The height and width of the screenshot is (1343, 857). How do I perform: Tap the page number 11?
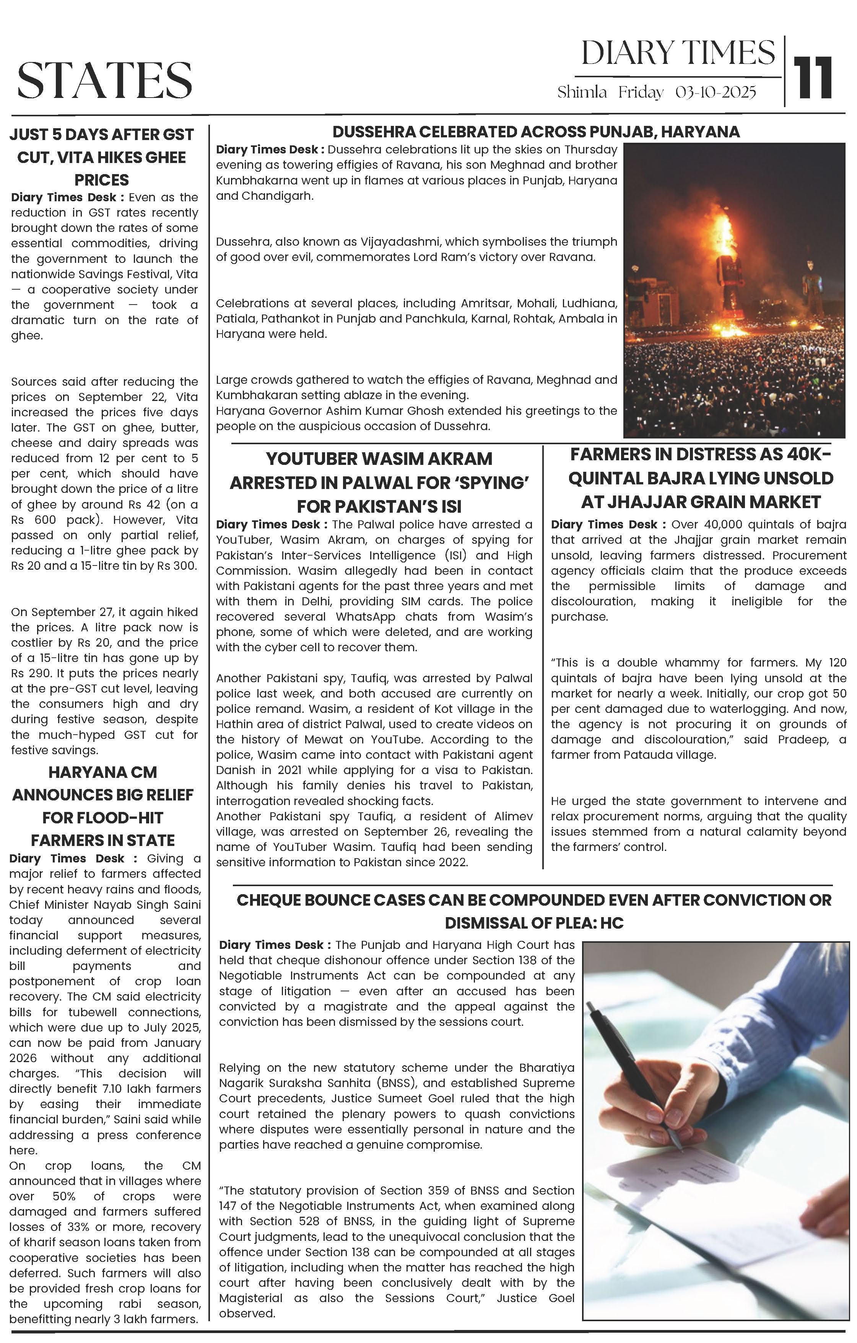(x=815, y=78)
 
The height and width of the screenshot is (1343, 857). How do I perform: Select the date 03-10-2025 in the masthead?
(x=716, y=92)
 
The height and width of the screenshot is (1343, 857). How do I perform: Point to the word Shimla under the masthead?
(x=582, y=92)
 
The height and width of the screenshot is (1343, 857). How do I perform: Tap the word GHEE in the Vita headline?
(x=166, y=158)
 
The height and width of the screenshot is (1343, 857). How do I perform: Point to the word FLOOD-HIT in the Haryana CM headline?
(x=102, y=818)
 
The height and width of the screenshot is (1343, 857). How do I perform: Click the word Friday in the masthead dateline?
(x=641, y=92)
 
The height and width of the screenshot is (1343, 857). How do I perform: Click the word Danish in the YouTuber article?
(x=234, y=770)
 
